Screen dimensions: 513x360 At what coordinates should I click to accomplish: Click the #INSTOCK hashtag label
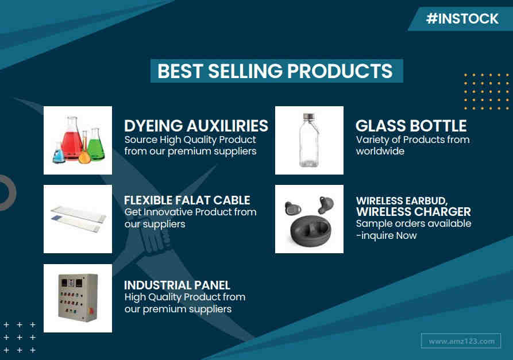462,18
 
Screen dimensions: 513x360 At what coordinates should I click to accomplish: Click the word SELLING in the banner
245,71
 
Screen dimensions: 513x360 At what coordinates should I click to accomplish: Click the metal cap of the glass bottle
309,117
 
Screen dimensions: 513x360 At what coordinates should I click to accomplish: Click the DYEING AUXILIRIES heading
196,126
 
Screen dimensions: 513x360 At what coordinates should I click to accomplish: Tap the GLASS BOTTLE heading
411,126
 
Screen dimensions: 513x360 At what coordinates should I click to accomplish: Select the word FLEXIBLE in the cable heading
148,200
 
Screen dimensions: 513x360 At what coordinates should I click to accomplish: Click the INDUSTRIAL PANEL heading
177,285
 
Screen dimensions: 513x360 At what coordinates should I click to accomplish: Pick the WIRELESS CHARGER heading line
414,211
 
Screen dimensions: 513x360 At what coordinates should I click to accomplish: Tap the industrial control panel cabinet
78,297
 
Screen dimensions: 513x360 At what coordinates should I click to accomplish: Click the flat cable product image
78,219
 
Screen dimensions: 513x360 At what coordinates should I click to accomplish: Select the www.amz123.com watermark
461,341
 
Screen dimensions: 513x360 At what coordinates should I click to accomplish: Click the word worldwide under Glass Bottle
380,151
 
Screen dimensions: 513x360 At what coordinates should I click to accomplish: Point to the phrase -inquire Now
387,235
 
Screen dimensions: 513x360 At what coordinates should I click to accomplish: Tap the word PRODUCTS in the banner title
340,71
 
